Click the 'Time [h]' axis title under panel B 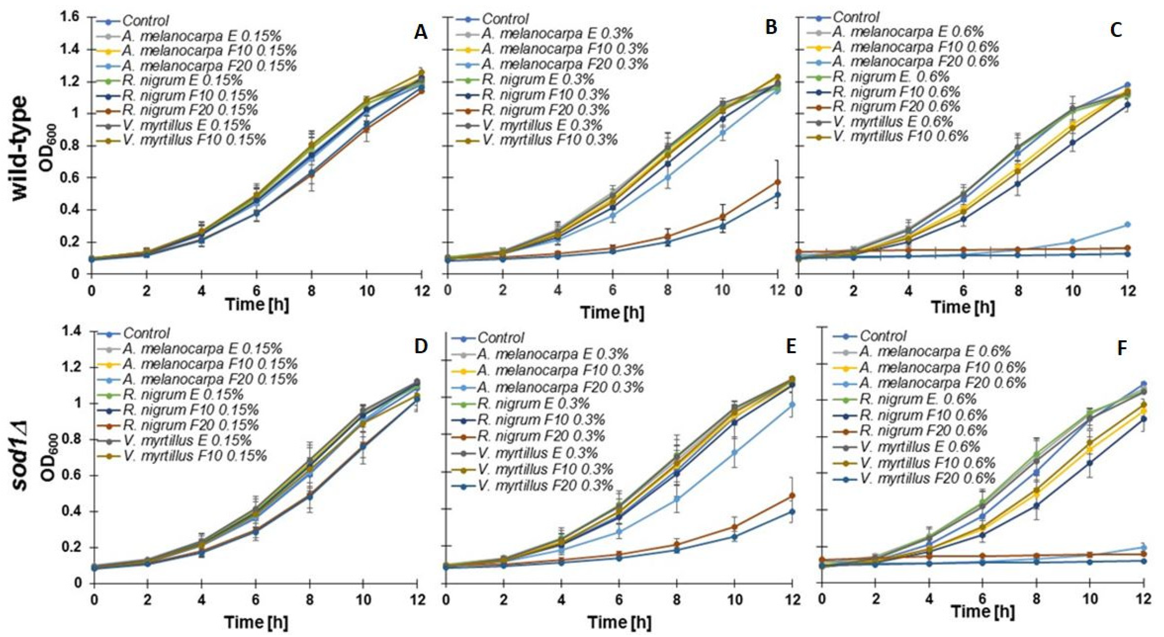tap(612, 312)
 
